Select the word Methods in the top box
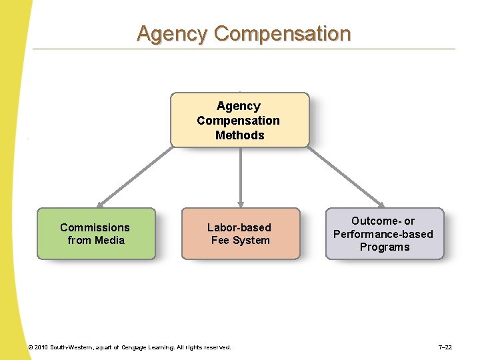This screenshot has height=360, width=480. pyautogui.click(x=239, y=135)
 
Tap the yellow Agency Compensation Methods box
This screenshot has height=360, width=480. pyautogui.click(x=240, y=120)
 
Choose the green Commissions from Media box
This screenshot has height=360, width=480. pyautogui.click(x=96, y=234)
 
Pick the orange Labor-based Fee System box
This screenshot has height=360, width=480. pyautogui.click(x=240, y=234)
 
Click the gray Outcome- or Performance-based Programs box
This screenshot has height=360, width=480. pyautogui.click(x=384, y=234)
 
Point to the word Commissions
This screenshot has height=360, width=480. pyautogui.click(x=95, y=227)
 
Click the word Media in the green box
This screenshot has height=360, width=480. pyautogui.click(x=110, y=240)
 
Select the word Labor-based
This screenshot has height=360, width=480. pyautogui.click(x=239, y=227)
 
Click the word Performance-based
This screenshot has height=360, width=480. pyautogui.click(x=383, y=234)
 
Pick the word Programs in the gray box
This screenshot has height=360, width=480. pyautogui.click(x=385, y=247)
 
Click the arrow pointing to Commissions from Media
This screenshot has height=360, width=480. pyautogui.click(x=133, y=177)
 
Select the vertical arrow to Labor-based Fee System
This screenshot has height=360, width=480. pyautogui.click(x=240, y=177)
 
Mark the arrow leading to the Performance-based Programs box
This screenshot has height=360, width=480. pyautogui.click(x=347, y=177)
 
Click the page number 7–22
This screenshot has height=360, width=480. pyautogui.click(x=445, y=347)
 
